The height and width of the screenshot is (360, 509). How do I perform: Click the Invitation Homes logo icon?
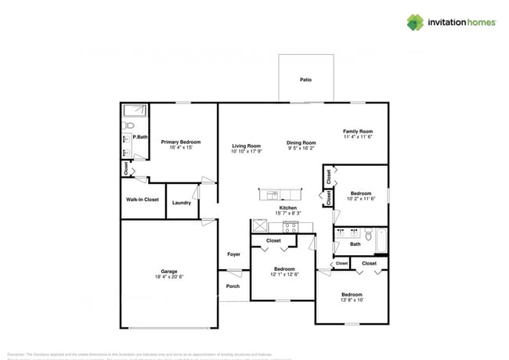coord(415,22)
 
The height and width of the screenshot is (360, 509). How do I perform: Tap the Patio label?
coord(306,80)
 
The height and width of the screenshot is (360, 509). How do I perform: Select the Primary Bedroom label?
coord(181,142)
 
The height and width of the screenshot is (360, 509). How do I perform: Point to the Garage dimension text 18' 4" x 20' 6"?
coord(170,277)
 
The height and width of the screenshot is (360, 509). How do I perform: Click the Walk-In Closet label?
coord(143,200)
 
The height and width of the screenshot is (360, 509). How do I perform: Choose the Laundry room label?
coord(182,203)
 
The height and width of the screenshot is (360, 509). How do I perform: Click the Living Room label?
coord(246,146)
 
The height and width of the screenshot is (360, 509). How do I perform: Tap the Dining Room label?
coord(301,142)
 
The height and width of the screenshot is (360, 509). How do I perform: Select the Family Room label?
coord(358,131)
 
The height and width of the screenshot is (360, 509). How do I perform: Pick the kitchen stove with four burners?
coord(291,228)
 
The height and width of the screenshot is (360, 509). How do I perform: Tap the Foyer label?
coord(233,254)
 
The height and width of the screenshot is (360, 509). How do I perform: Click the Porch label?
coord(233,286)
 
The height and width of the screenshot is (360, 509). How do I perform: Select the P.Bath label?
coord(141,138)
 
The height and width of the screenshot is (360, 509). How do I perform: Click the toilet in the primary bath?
coord(130,124)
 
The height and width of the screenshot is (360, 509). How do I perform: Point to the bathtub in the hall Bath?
coord(381,240)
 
